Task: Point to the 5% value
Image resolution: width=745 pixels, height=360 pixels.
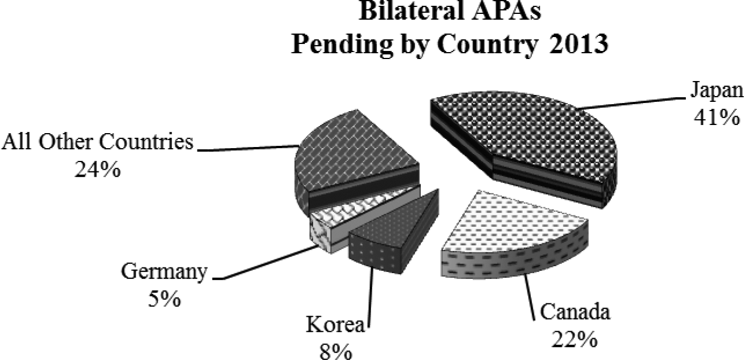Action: coord(164,299)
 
